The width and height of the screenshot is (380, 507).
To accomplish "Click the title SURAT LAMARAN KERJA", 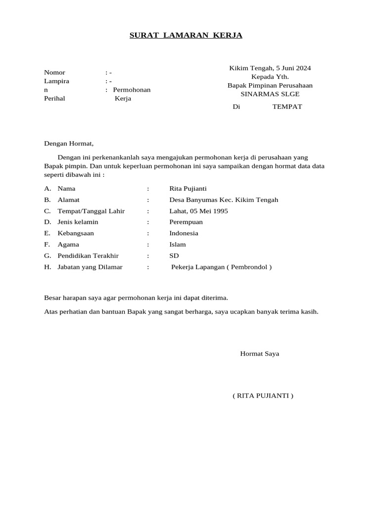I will coord(186,35).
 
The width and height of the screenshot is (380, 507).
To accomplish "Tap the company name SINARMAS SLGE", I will coord(270,94).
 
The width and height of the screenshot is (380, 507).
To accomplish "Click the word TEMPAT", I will coord(287,106).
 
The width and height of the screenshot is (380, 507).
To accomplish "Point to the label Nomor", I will coord(54,72).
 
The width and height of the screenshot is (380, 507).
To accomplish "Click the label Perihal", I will coord(54,98).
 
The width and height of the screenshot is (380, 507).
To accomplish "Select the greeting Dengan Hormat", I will coord(68,144).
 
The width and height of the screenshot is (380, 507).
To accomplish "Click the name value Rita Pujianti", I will coord(188,189).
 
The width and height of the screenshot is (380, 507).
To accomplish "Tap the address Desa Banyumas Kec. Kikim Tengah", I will coord(224,200).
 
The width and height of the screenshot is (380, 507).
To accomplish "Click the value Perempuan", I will coord(186,222).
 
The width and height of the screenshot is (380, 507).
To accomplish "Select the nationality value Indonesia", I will coord(184,233).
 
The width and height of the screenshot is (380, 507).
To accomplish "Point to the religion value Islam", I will coord(178,244).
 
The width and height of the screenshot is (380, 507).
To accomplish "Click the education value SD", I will coord(174,255).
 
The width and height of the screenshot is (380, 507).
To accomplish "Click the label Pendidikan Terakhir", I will coord(88,255).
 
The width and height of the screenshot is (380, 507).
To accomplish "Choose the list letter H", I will coord(47,267).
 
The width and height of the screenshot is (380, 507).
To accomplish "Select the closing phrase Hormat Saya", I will coord(259,354).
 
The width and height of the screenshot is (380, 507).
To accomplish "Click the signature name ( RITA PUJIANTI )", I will coord(262,396).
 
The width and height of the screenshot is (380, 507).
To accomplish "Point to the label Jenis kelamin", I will coord(78,222).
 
